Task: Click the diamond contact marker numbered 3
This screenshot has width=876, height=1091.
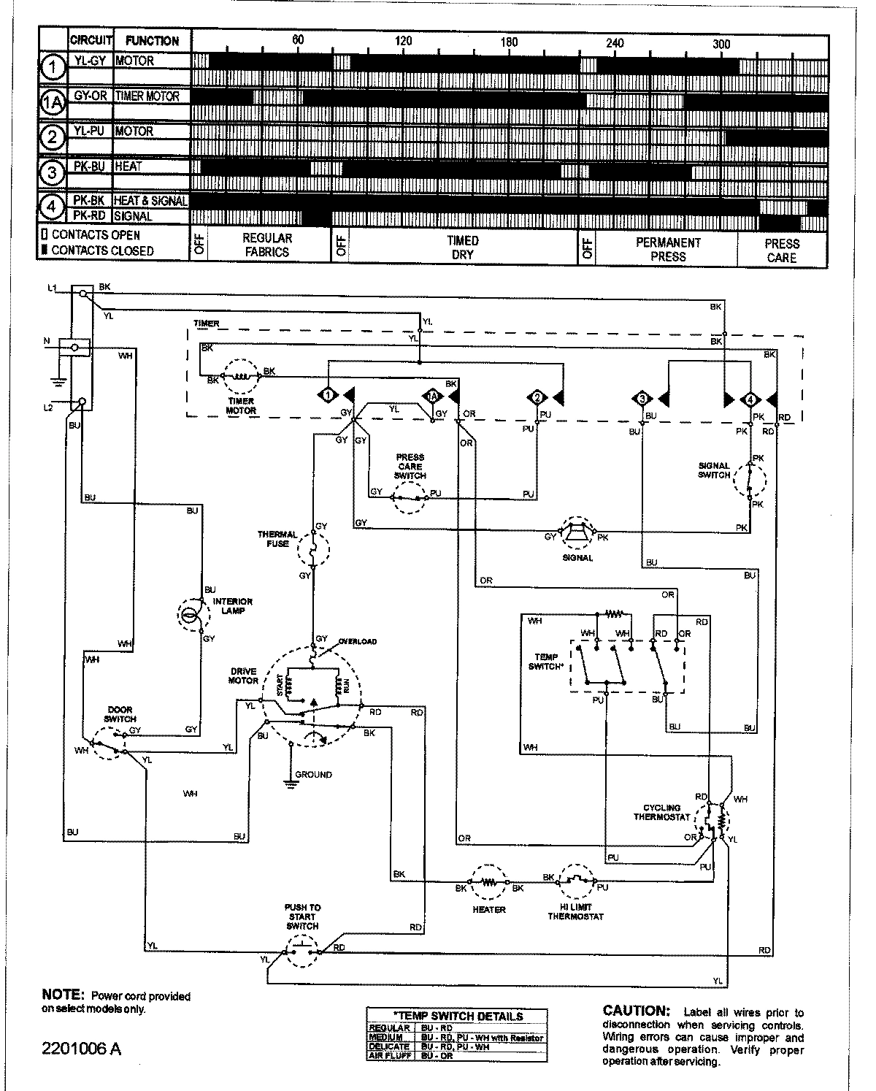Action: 642,399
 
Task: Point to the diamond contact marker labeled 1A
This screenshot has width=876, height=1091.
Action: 432,397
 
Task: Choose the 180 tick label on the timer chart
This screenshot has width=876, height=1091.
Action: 509,42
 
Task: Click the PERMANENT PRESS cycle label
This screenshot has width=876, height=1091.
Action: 668,249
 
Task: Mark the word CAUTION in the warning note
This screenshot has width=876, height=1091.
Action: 636,1011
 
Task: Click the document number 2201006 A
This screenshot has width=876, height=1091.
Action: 81,1049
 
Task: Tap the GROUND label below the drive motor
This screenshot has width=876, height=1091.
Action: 313,775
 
